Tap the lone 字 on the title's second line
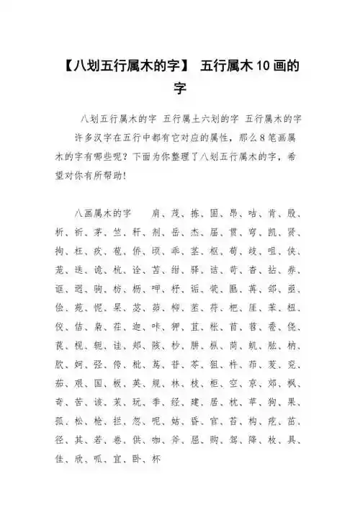180,89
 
